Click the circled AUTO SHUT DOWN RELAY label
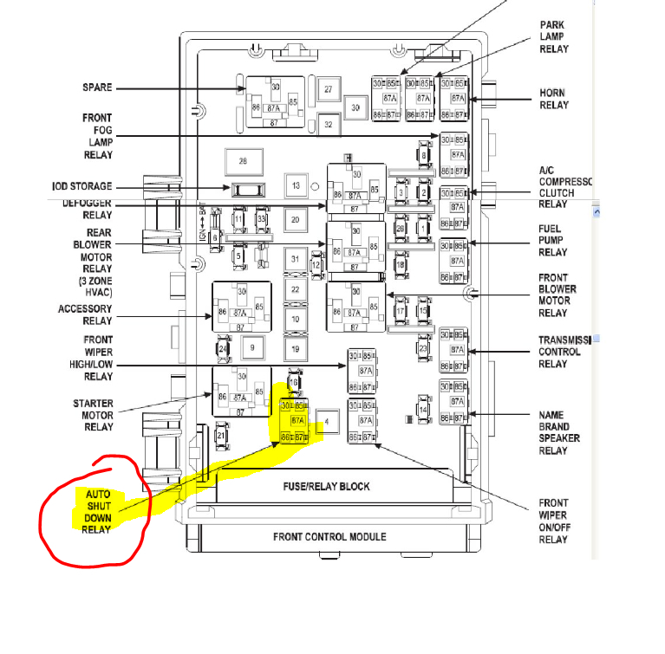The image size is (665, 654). click(x=97, y=511)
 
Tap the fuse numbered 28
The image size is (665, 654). click(x=243, y=161)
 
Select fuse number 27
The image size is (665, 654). click(x=328, y=89)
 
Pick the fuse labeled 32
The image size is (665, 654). click(x=328, y=125)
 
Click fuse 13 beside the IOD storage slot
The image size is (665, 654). click(x=296, y=186)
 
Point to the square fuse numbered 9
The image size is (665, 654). click(x=252, y=348)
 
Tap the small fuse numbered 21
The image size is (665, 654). click(x=221, y=435)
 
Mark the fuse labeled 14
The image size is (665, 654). click(x=424, y=409)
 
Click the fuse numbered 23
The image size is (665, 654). click(x=423, y=348)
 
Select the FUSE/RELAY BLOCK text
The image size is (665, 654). click(x=325, y=486)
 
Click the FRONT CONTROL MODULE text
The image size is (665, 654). click(x=329, y=536)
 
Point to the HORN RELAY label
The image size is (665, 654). click(x=553, y=99)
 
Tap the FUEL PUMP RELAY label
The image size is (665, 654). click(x=553, y=240)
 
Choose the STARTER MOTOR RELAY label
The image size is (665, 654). click(x=99, y=415)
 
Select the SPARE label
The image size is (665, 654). click(x=97, y=87)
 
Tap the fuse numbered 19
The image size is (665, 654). click(x=296, y=349)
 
